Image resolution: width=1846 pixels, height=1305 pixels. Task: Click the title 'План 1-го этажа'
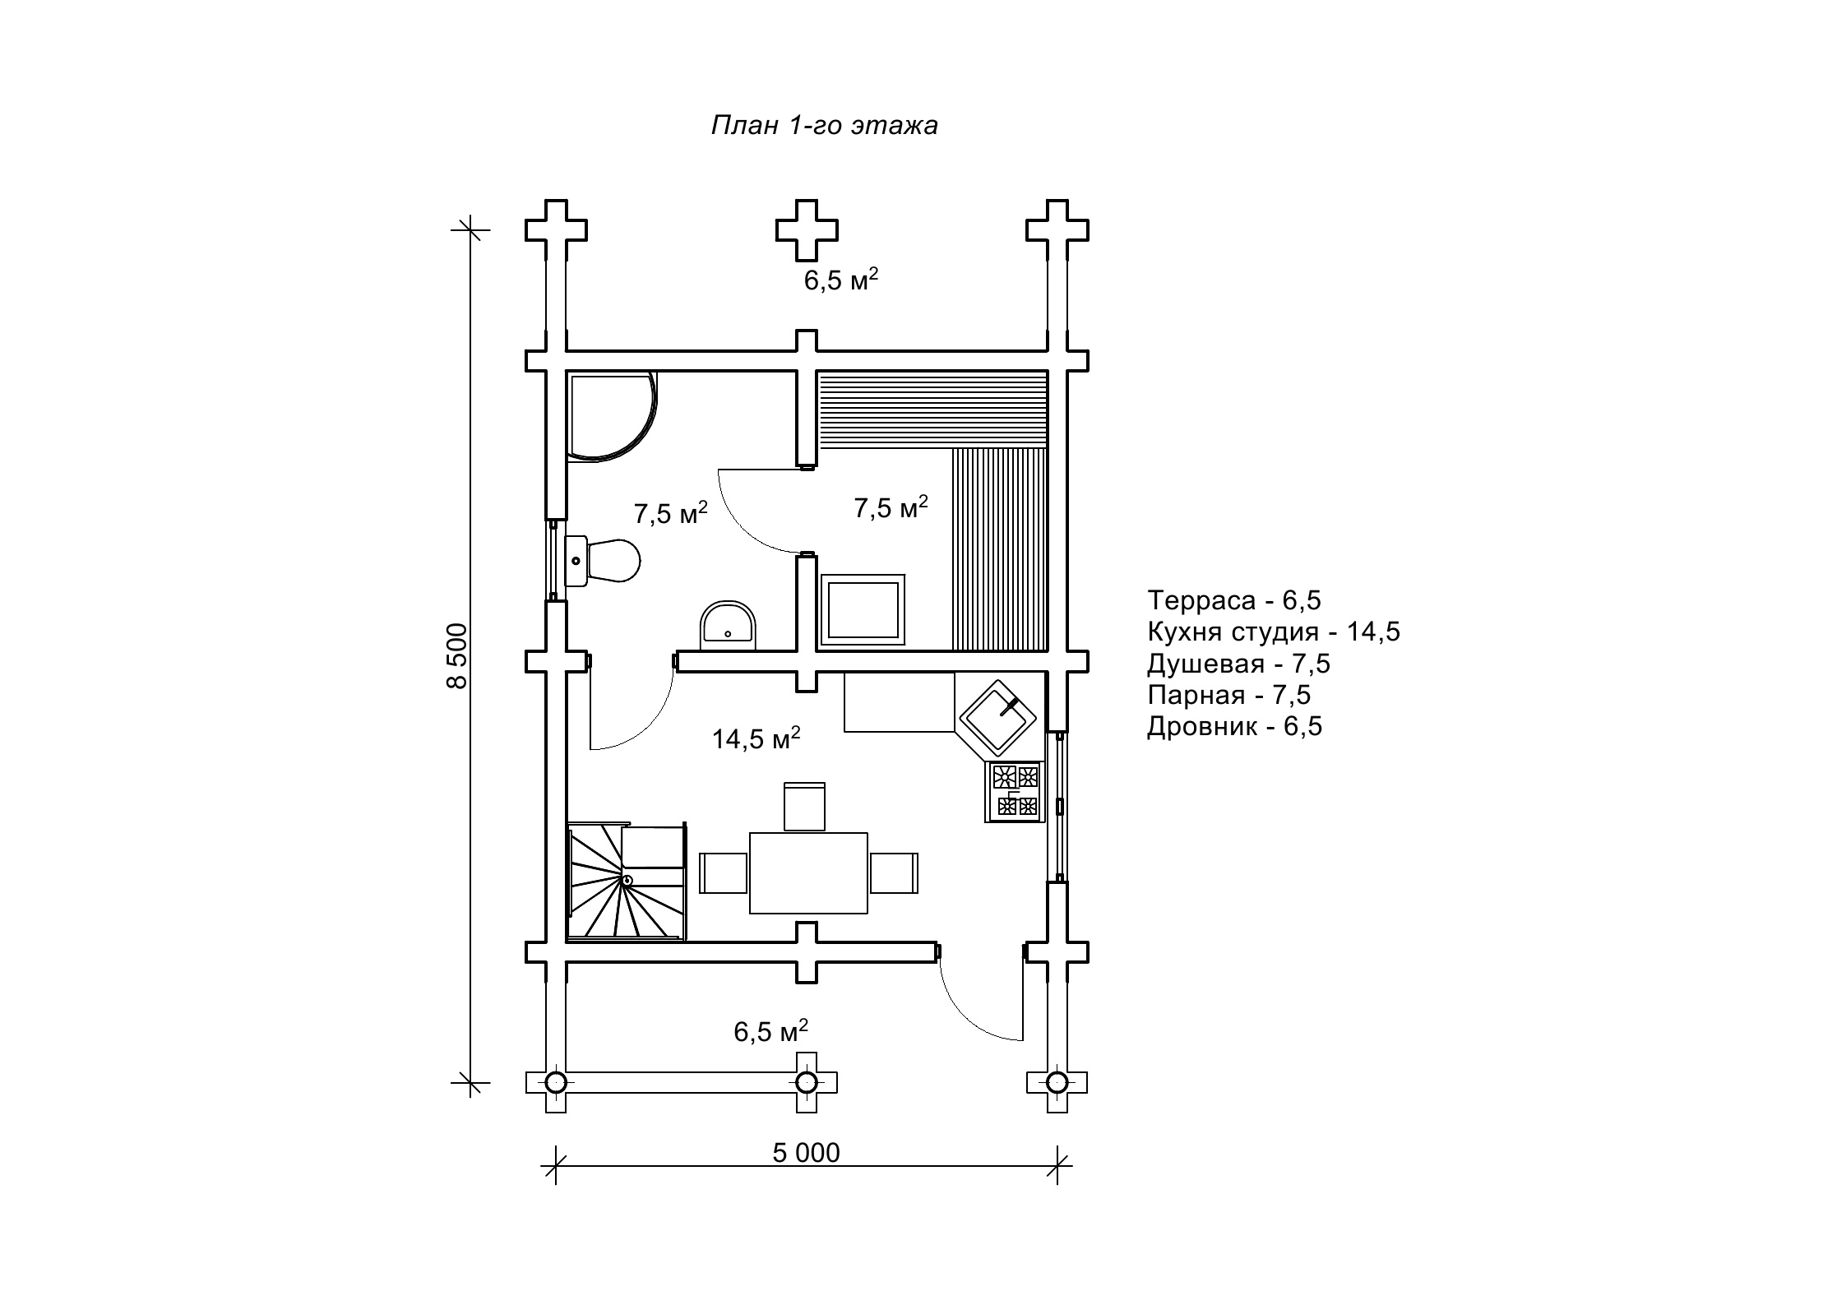824,126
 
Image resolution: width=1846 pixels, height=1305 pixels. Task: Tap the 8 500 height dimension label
456,655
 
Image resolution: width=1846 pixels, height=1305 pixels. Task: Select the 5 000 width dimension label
806,1153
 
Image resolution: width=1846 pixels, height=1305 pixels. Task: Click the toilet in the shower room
603,562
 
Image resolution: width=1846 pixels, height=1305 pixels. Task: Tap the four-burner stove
1015,791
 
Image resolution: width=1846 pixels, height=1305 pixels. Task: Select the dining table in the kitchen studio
808,873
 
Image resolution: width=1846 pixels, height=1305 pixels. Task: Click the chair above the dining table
804,807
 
